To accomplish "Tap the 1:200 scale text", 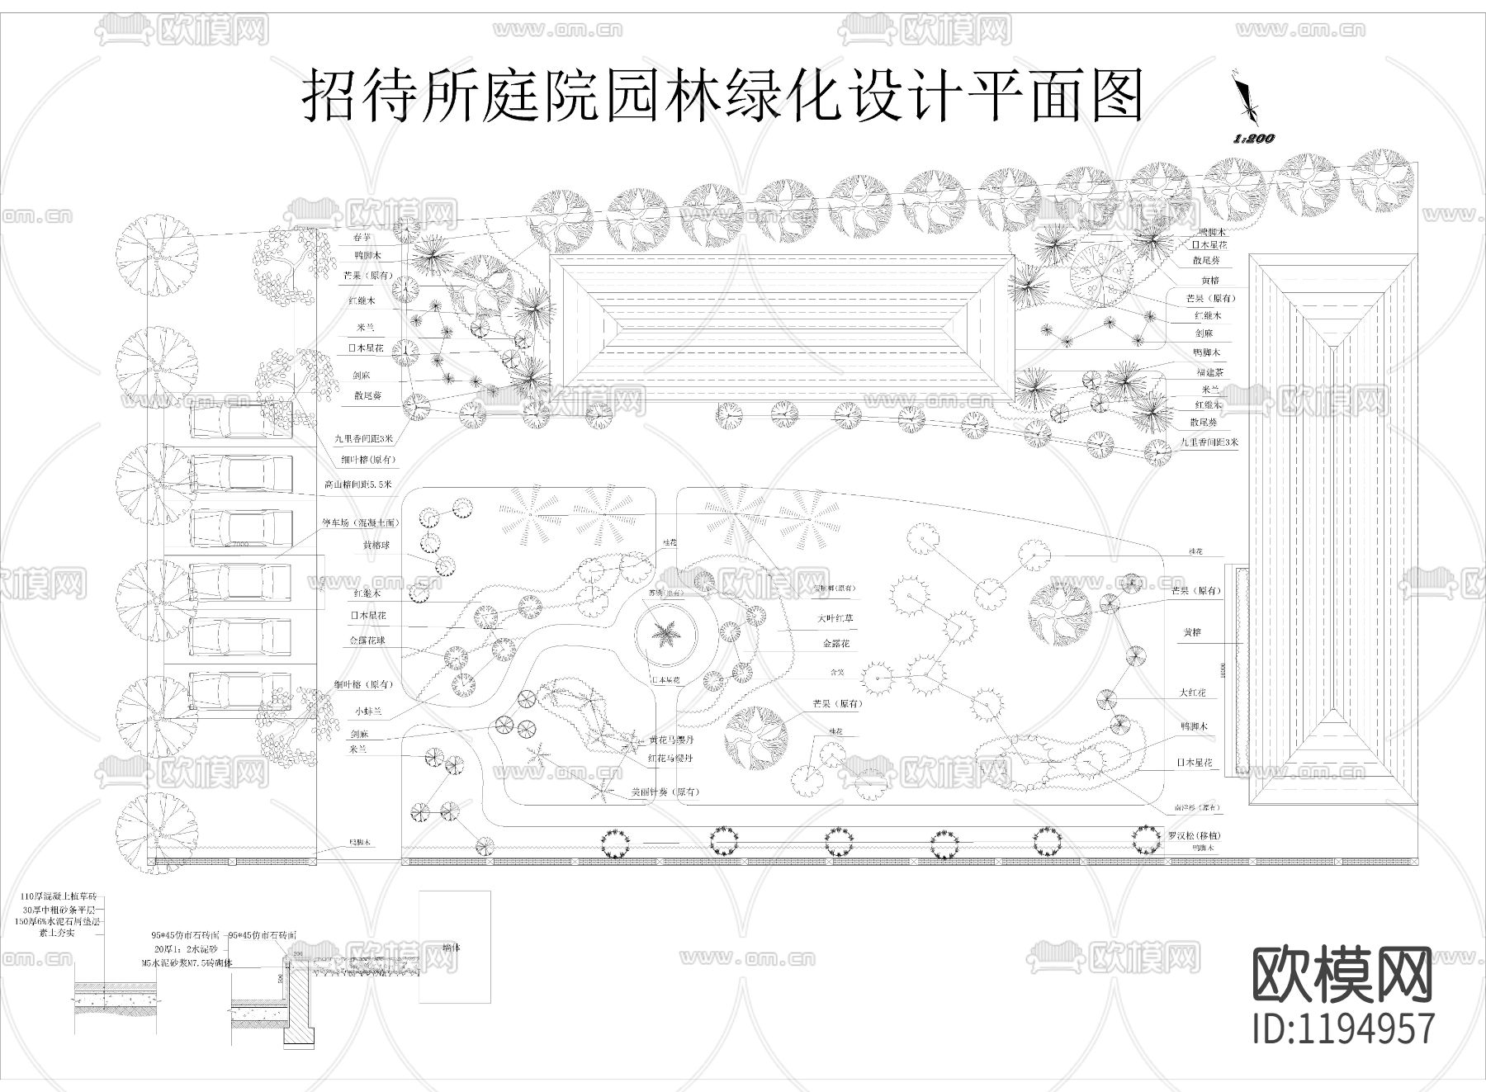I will tap(1253, 139).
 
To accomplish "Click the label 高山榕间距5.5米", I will tap(357, 484).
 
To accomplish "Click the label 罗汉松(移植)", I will tap(1195, 835).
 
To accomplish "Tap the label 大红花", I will tap(1193, 693).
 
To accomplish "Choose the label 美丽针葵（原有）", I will tap(665, 792).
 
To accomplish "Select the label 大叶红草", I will tap(836, 617).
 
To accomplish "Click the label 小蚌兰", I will tap(369, 709).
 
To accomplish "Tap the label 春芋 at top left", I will tap(364, 238).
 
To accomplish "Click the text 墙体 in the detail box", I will tap(452, 948).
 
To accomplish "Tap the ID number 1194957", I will tap(1343, 1028).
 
